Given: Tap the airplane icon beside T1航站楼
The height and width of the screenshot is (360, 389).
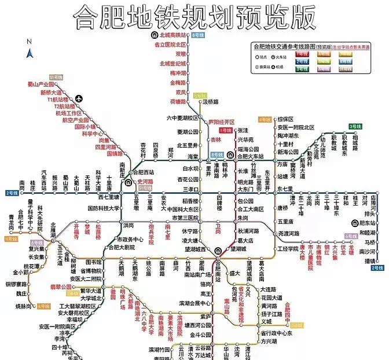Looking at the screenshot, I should (x=79, y=98).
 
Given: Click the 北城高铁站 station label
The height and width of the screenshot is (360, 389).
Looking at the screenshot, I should (x=173, y=36).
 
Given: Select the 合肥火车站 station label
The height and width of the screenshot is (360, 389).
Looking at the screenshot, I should (x=251, y=157).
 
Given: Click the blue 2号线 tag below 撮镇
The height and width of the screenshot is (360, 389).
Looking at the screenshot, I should (x=377, y=269).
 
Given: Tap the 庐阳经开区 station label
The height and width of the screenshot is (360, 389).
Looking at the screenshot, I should (x=221, y=122).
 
